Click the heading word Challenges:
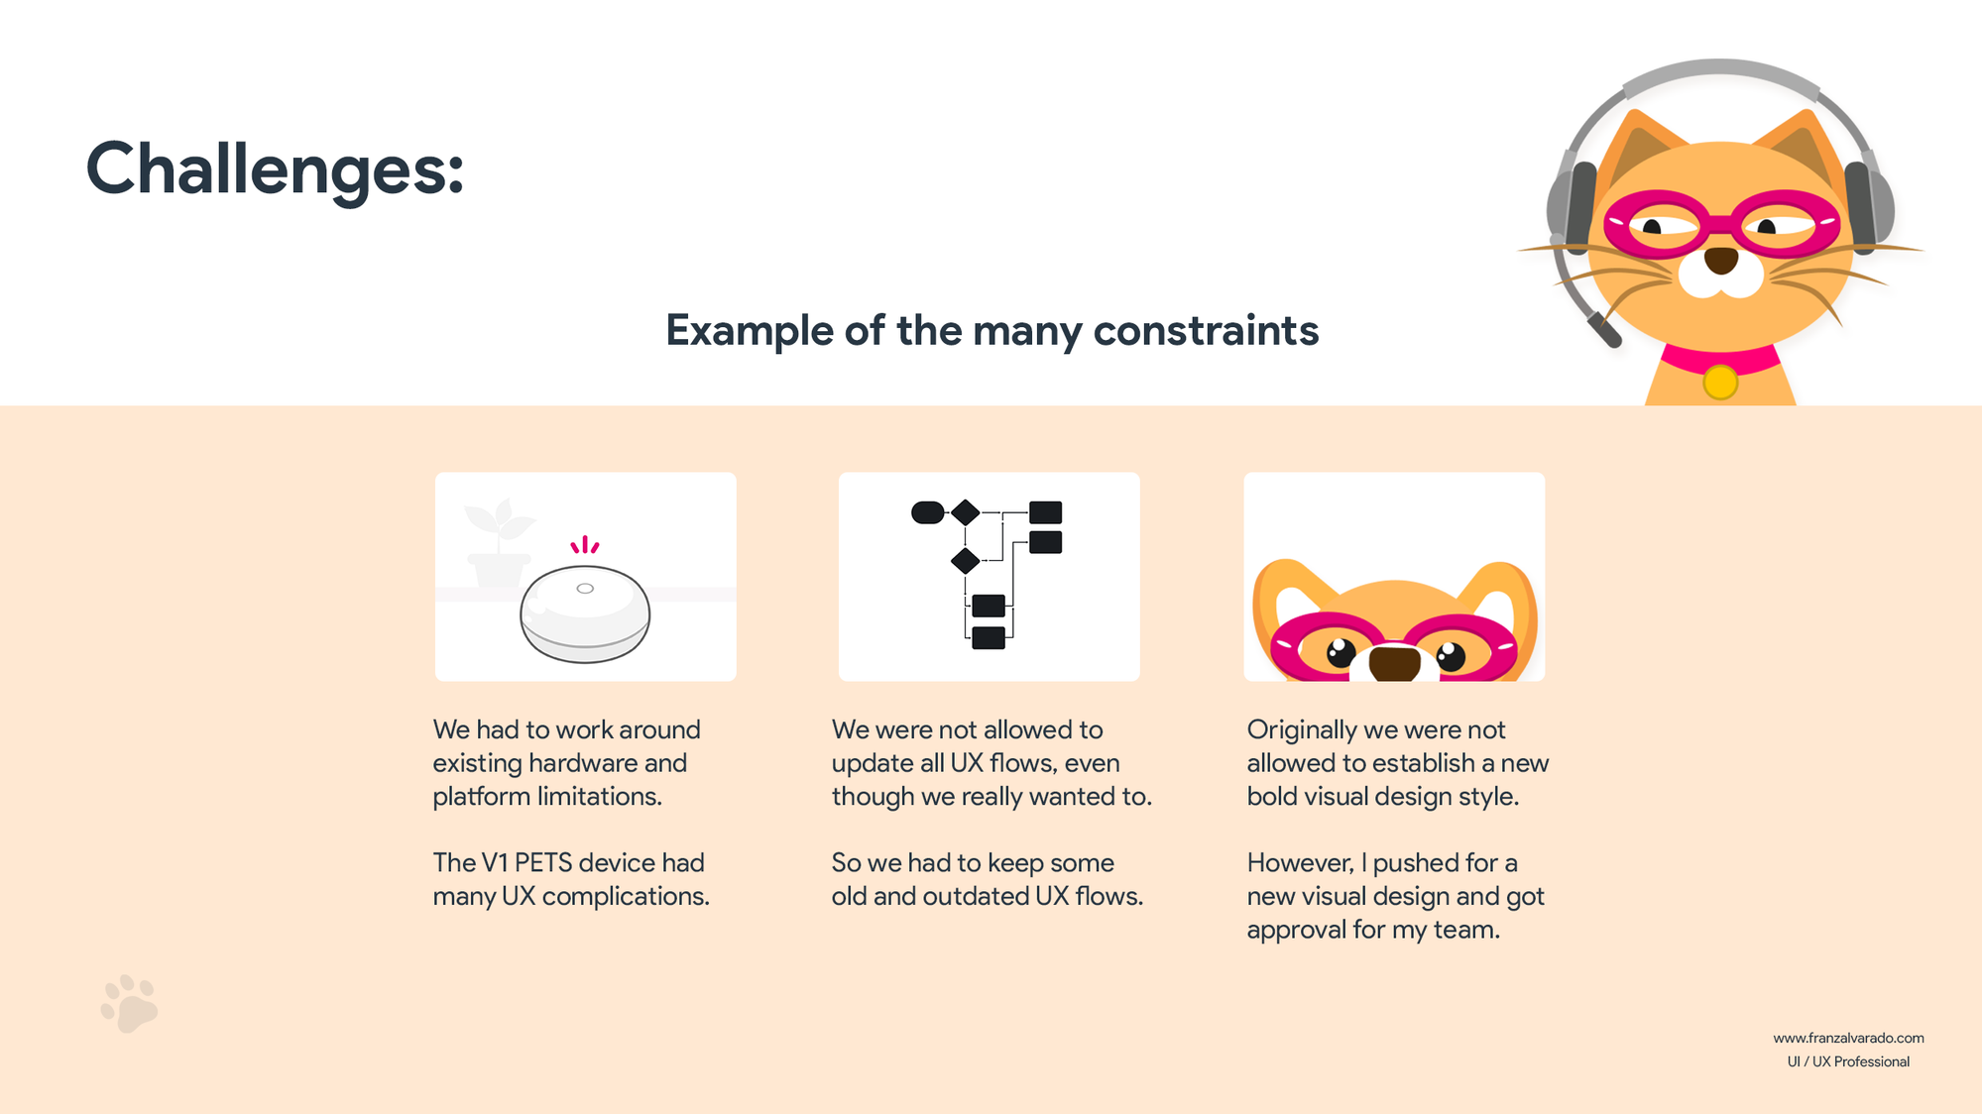pyautogui.click(x=275, y=169)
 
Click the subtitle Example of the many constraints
pyautogui.click(x=991, y=331)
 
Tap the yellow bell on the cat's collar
pyautogui.click(x=1720, y=383)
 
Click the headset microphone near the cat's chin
pyautogui.click(x=1604, y=330)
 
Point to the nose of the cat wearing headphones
pyautogui.click(x=1721, y=261)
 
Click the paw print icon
pyautogui.click(x=129, y=1003)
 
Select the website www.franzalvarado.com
pyautogui.click(x=1848, y=1038)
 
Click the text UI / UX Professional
pyautogui.click(x=1848, y=1061)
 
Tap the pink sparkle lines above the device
pyautogui.click(x=585, y=545)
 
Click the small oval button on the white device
pyautogui.click(x=585, y=589)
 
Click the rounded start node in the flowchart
pyautogui.click(x=928, y=512)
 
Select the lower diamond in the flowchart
pyautogui.click(x=965, y=561)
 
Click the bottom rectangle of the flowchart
pyautogui.click(x=989, y=637)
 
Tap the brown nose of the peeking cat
pyautogui.click(x=1394, y=662)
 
